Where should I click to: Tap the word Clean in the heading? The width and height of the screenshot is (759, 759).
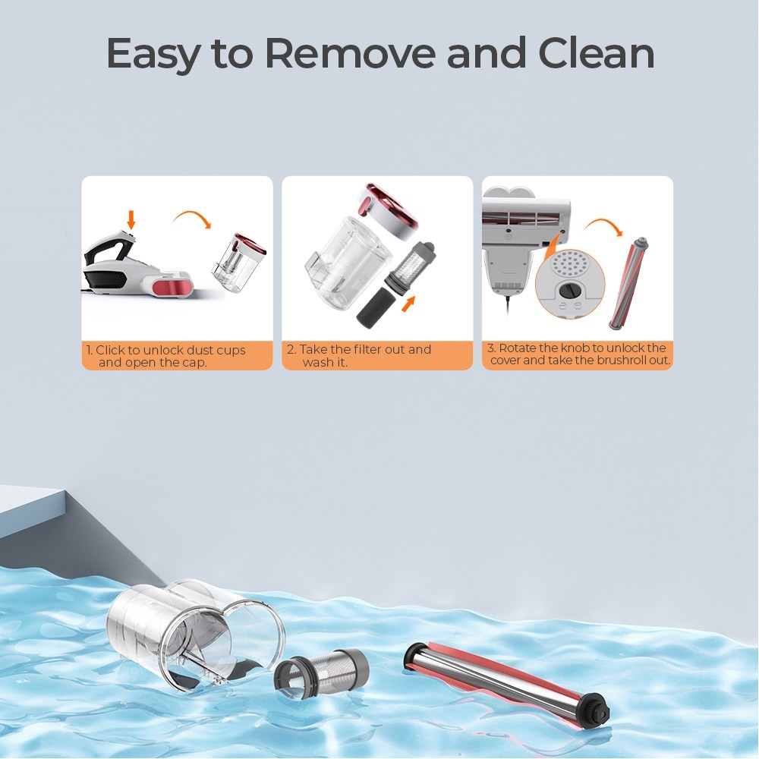[x=595, y=53]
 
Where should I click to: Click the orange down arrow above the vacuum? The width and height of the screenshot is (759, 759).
[x=131, y=219]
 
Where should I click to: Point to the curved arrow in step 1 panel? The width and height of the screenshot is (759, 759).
[x=191, y=221]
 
